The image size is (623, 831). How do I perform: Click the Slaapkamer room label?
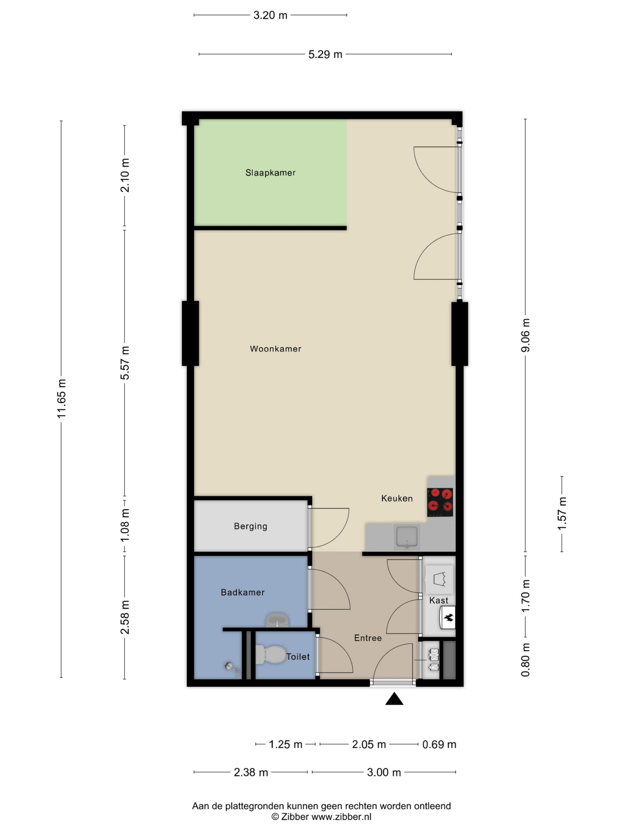(270, 172)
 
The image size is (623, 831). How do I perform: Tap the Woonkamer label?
(275, 349)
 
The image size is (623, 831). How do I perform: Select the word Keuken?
(397, 498)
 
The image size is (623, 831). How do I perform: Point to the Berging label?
(250, 526)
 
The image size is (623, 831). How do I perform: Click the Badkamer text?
(243, 592)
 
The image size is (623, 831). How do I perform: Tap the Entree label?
(368, 638)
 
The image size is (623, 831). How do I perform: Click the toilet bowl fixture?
(270, 654)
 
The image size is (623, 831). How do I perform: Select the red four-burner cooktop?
(440, 502)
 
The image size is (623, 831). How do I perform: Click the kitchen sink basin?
(407, 537)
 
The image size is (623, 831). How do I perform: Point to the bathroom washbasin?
(277, 621)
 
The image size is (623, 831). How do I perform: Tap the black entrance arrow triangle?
(394, 699)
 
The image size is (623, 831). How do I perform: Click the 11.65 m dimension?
(61, 399)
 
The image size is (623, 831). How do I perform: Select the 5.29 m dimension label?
(325, 55)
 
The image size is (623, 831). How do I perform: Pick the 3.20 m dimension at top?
(270, 15)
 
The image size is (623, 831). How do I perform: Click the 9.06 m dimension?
(525, 335)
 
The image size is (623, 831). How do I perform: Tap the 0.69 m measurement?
(439, 744)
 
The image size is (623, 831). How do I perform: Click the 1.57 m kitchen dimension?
(562, 513)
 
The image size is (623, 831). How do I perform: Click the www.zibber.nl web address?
(341, 816)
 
